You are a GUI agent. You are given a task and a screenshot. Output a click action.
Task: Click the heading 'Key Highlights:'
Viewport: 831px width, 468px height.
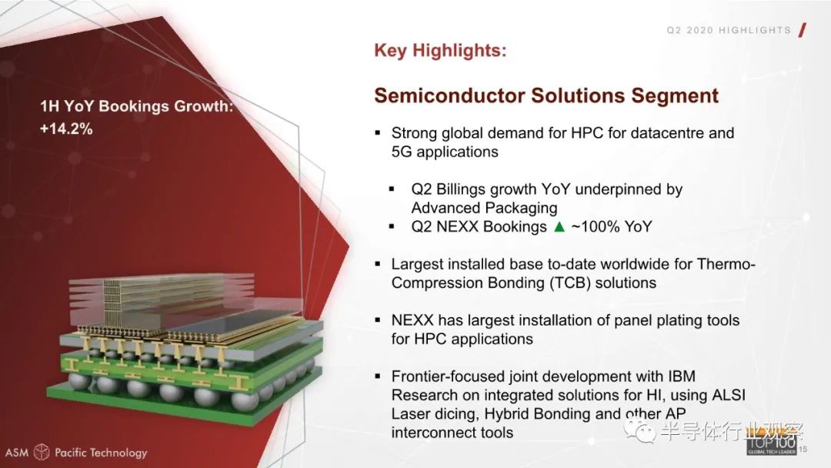(440, 51)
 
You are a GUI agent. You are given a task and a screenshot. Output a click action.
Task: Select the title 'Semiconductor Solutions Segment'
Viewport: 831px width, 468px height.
(546, 96)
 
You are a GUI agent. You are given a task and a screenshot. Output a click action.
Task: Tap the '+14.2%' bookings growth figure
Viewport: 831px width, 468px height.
(66, 129)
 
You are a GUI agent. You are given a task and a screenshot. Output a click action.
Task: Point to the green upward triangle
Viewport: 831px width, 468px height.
(559, 227)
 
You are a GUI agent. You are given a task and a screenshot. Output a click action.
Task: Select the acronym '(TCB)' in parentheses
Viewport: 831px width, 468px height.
(569, 283)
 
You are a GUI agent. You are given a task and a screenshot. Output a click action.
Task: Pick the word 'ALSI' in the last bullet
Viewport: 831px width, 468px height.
(728, 395)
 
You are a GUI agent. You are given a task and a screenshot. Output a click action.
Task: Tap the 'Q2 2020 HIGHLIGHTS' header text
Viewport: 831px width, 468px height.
(729, 30)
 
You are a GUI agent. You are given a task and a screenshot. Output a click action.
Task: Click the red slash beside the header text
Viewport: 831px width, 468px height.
(803, 30)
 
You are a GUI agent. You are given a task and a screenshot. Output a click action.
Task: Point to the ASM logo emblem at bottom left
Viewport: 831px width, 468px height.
(42, 452)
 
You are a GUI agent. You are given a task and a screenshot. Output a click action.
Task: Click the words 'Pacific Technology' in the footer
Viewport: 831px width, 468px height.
(101, 453)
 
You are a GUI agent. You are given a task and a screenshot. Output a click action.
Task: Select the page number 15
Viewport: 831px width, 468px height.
(803, 450)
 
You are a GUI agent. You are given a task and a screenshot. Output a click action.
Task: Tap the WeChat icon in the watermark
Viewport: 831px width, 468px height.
(639, 430)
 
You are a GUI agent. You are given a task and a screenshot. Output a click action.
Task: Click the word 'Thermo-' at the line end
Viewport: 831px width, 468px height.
(726, 264)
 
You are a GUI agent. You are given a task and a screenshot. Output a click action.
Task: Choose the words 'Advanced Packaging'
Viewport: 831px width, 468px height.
(484, 208)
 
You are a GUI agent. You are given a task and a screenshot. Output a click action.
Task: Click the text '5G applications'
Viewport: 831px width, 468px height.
(445, 152)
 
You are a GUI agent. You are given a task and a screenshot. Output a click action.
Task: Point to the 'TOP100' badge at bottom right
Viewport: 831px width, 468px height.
(771, 443)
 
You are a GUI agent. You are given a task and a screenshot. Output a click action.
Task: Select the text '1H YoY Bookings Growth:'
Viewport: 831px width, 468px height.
(137, 106)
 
